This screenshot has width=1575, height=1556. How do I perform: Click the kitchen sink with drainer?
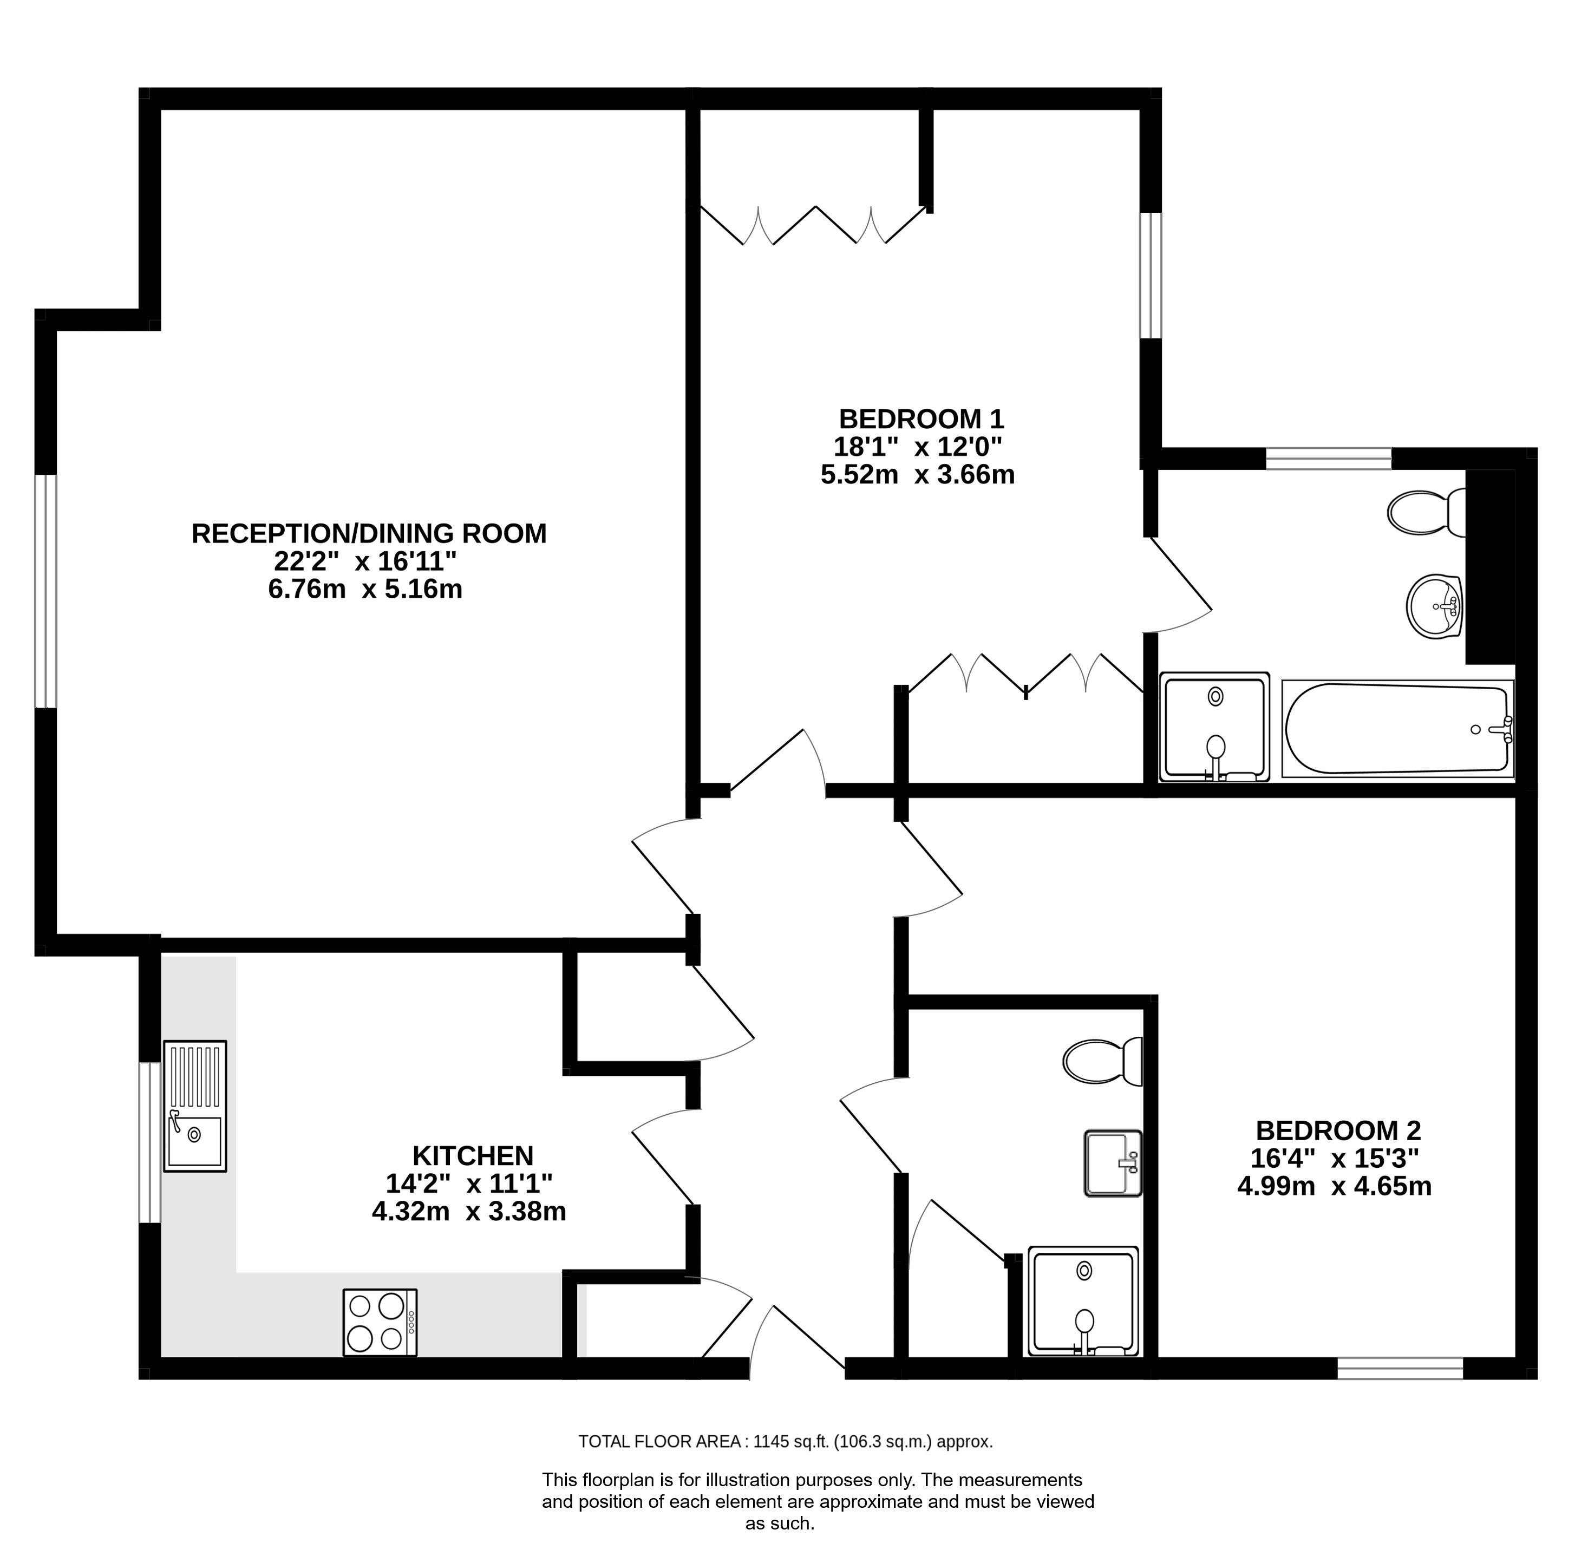pos(195,1106)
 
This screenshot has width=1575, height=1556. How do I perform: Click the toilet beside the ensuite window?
pos(1426,512)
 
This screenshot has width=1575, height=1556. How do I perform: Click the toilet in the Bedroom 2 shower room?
pos(1103,1061)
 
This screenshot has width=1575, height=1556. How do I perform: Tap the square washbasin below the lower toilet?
pos(1113,1163)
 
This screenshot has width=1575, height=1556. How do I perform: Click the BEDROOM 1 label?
pos(921,419)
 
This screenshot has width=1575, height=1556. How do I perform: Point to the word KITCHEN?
pos(473,1156)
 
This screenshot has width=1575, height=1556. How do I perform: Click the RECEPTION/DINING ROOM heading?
pos(369,533)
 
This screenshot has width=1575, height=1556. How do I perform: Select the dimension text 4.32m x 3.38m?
pos(469,1212)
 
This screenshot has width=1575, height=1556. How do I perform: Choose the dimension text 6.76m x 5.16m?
pos(365,589)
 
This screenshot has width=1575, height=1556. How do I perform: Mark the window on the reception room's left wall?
pos(45,591)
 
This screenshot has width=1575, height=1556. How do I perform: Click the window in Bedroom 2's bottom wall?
pos(1401,1369)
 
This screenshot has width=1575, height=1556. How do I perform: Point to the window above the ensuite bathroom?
pos(1329,458)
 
